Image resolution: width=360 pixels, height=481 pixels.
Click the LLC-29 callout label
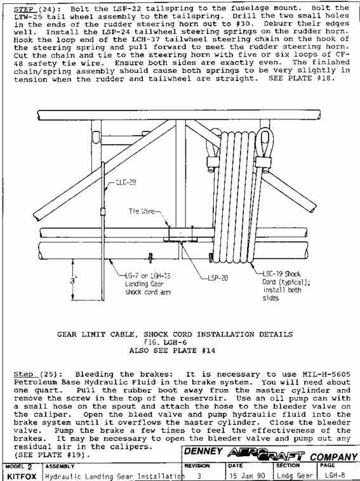126,182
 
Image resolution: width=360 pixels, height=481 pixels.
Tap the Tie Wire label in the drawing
142,211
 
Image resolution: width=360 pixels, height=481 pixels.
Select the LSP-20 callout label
218,278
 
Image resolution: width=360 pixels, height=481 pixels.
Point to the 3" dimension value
73,280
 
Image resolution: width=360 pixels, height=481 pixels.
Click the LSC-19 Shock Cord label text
281,274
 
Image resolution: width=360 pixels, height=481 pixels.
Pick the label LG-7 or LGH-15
148,275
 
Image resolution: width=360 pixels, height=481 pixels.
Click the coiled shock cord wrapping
235,197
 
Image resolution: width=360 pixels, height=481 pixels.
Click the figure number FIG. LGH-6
166,342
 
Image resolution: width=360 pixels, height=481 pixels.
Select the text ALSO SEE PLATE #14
172,350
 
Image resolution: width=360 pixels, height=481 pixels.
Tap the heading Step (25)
37,374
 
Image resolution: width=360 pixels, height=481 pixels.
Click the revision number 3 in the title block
199,476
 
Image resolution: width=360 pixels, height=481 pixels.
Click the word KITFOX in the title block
22,477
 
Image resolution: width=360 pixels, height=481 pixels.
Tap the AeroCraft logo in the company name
266,454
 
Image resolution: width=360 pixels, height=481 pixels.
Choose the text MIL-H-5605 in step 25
326,374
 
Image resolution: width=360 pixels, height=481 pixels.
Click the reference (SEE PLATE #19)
52,454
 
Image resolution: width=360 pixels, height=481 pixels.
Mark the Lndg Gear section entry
295,476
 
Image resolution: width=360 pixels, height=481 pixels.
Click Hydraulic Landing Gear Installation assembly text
114,477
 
